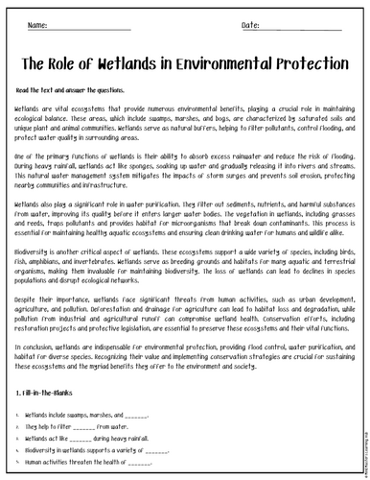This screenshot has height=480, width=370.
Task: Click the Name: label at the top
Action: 37,23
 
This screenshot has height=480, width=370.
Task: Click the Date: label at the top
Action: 222,23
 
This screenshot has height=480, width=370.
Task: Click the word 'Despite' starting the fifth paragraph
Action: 28,272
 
